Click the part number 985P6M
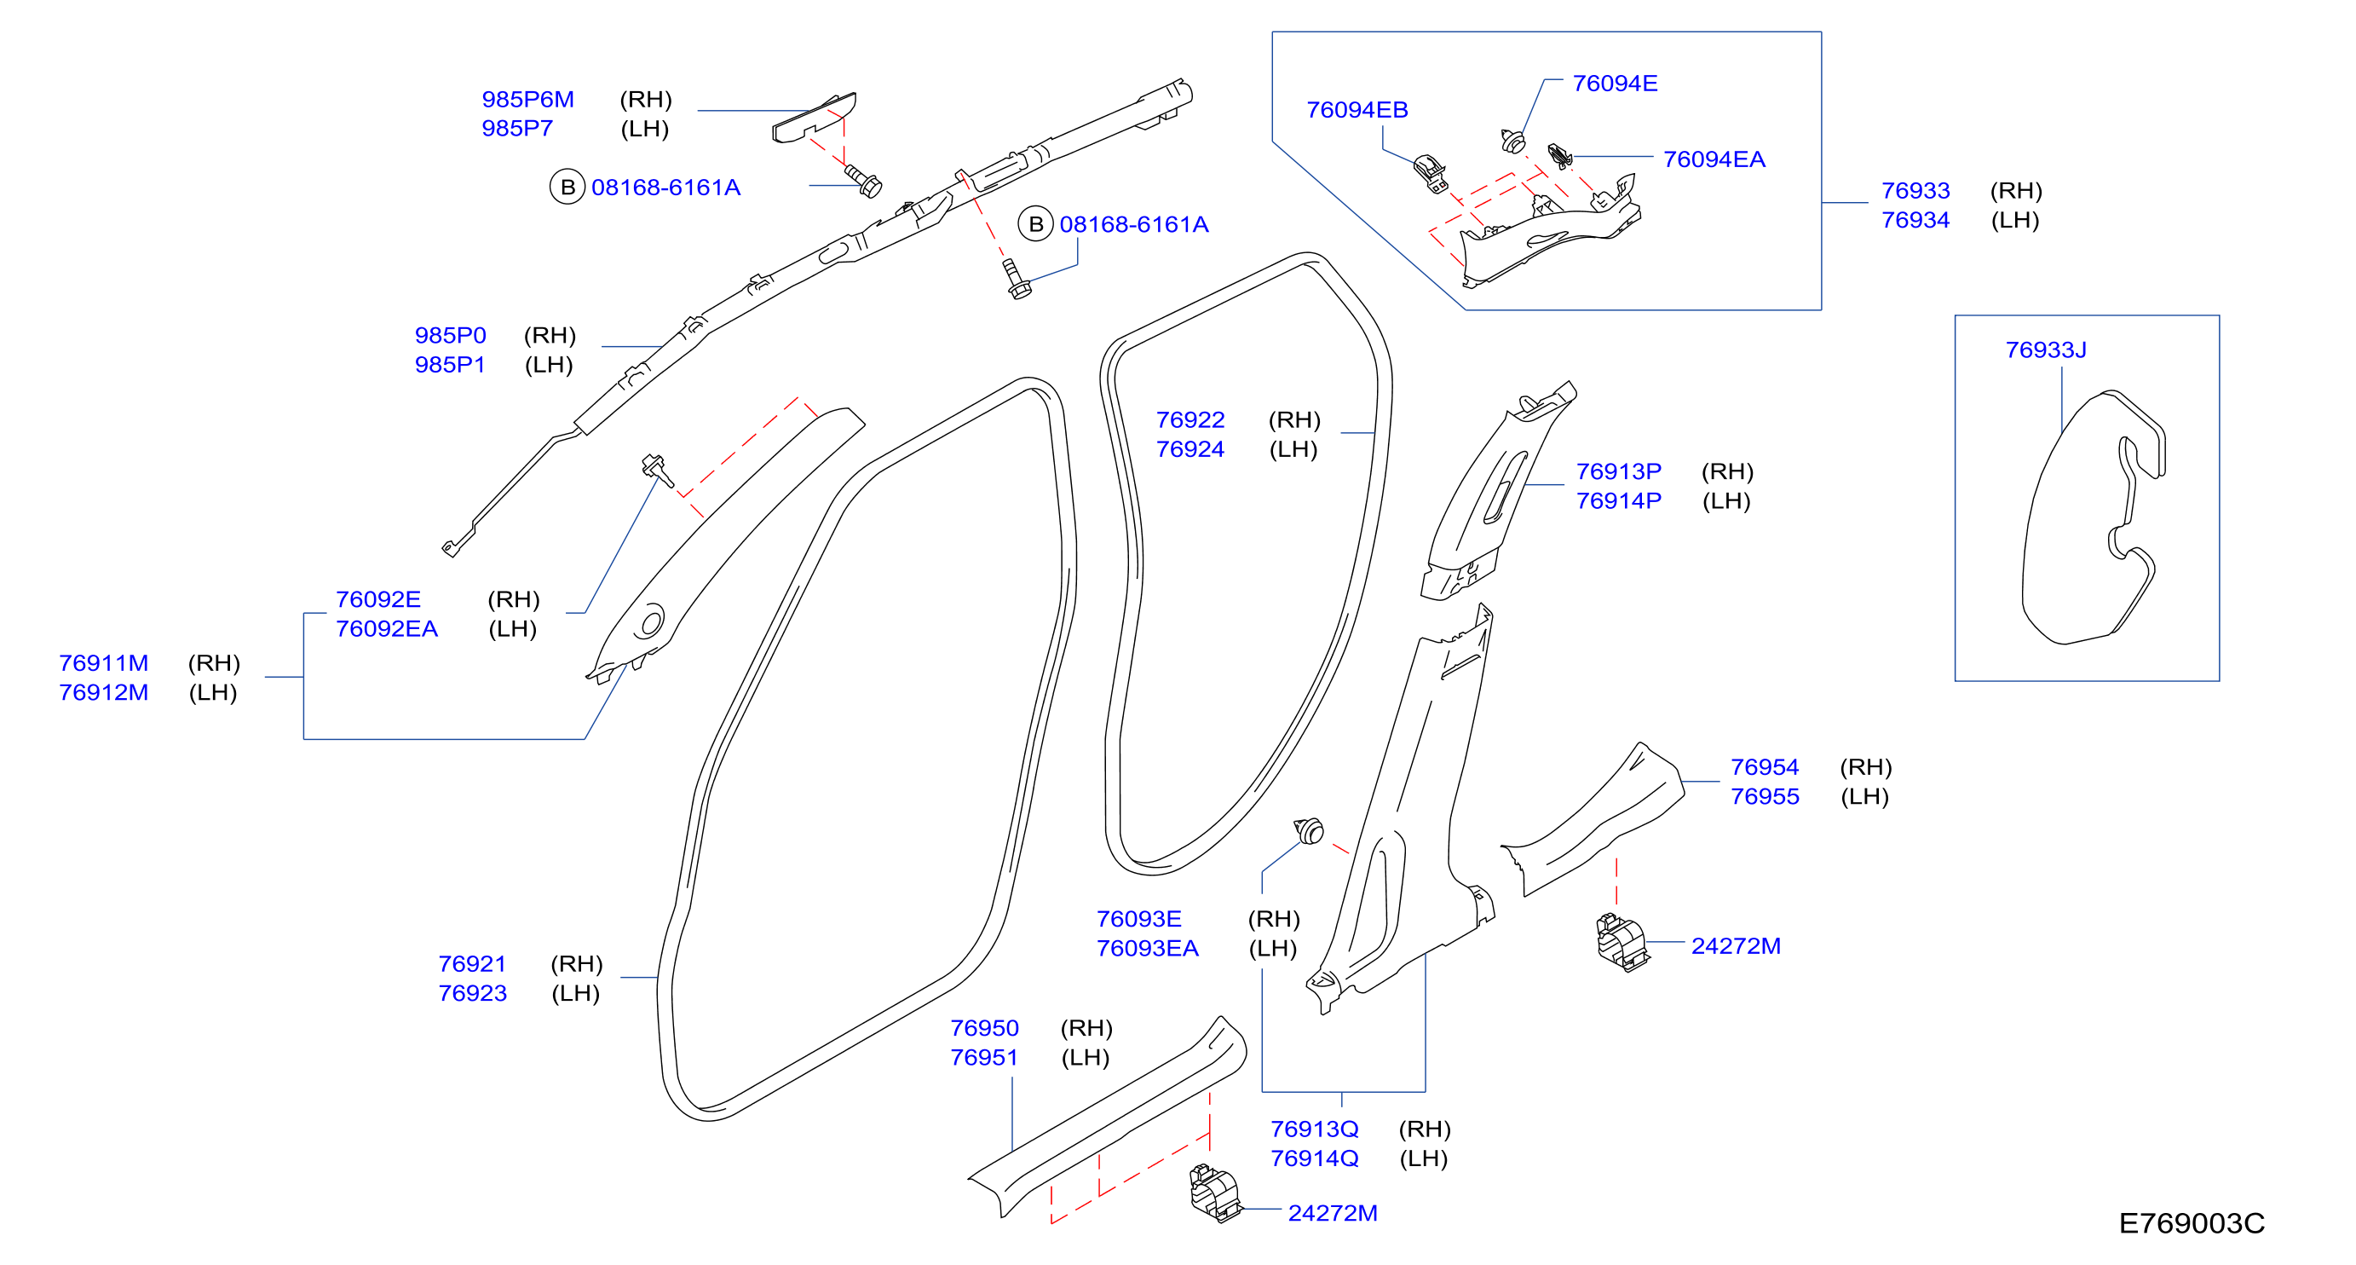point(527,99)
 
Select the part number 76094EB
point(1357,110)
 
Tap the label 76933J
point(2045,349)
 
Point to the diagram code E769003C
point(2192,1223)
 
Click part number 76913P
point(1618,471)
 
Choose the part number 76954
point(1765,766)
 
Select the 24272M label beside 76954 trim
point(1735,946)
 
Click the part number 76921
point(472,963)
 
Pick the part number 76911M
point(103,662)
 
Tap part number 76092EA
point(386,628)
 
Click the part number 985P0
point(450,335)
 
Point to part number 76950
point(984,1027)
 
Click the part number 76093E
point(1138,918)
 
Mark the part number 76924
point(1189,449)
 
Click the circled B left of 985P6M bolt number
point(567,187)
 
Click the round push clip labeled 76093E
point(1310,830)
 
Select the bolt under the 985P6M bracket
point(862,180)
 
